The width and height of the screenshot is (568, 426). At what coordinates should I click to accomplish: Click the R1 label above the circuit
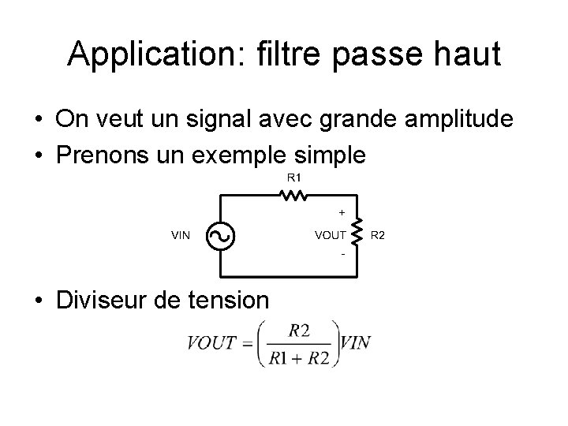[293, 177]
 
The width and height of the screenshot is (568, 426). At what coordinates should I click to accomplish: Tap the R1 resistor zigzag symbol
[293, 196]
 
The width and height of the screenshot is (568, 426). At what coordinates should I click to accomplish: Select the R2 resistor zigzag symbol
[357, 234]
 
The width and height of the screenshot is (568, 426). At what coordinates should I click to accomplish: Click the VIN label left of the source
[181, 234]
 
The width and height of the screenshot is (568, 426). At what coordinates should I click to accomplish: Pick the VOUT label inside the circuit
[330, 234]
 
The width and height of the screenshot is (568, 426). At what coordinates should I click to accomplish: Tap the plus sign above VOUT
[341, 212]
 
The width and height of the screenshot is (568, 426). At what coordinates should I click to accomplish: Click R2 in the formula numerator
[299, 331]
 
